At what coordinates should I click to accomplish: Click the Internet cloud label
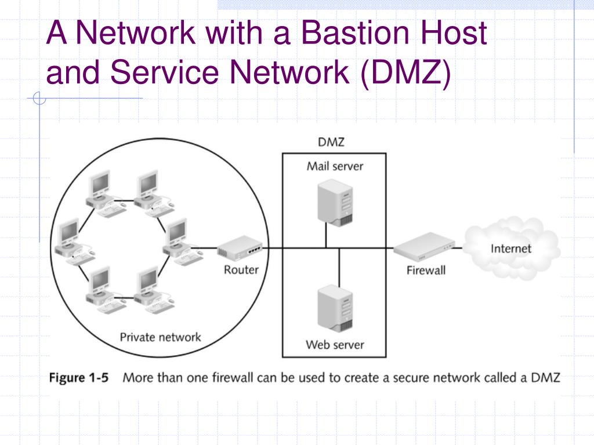pos(511,249)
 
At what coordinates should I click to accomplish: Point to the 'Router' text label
pos(241,269)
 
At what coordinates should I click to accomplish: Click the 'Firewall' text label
pos(426,270)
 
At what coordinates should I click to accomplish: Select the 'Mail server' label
pos(335,166)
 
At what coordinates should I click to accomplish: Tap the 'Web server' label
pos(335,345)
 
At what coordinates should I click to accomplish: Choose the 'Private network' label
pos(160,337)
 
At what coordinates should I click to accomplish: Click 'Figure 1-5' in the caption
pos(78,378)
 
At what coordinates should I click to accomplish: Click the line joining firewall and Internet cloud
pos(459,249)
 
